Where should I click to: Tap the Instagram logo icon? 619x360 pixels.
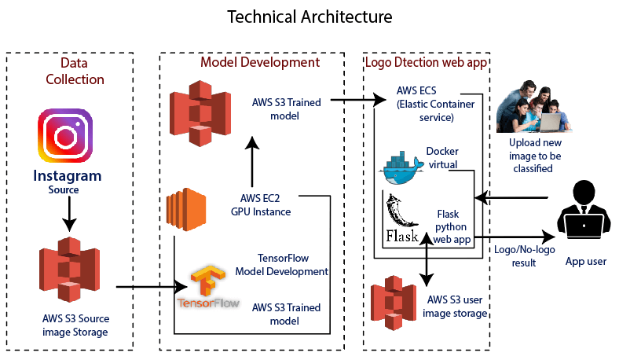point(65,136)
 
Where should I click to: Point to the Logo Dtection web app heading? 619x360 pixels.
point(426,62)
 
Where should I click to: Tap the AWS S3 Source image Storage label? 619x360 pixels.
point(76,325)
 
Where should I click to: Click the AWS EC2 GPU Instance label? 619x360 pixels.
point(261,204)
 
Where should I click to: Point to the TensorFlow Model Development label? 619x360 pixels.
point(281,264)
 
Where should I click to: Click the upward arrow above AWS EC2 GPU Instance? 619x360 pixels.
point(251,160)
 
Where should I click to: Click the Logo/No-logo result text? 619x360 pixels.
point(514,256)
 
